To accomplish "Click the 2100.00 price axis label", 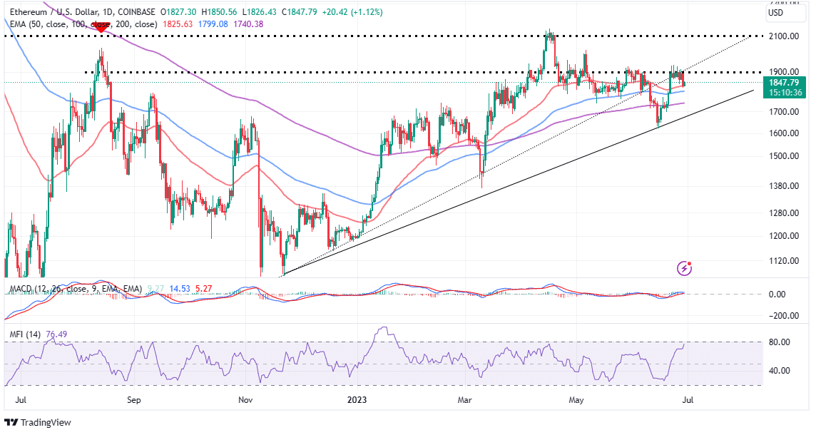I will tap(784, 36).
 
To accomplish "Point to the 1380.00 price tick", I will tap(784, 185).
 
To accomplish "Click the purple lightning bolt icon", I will tap(685, 268).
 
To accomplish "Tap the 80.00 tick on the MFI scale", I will tap(780, 342).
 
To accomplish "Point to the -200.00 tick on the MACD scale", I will tap(780, 316).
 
